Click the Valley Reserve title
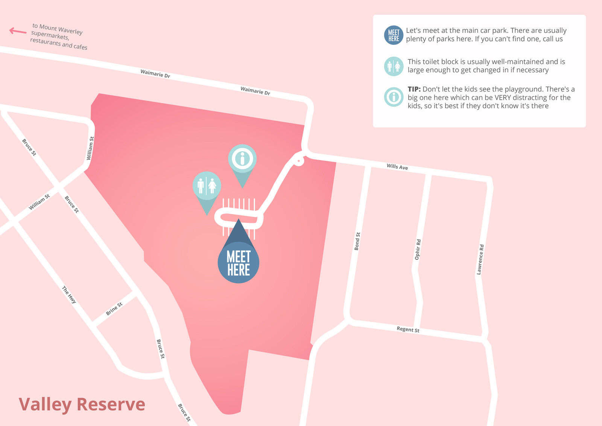coord(82,404)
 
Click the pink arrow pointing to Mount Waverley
coord(17,31)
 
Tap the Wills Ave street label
coord(397,166)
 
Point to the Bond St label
coord(357,241)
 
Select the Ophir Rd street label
coord(418,249)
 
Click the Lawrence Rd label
coord(480,259)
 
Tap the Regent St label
coord(408,329)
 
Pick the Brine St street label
coord(114,308)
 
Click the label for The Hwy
coord(69,295)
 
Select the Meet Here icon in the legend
coord(394,35)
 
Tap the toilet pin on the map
coord(207,186)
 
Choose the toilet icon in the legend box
coord(394,66)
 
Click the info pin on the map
coord(242,159)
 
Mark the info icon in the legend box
coord(394,97)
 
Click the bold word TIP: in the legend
coord(414,89)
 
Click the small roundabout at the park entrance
coord(298,161)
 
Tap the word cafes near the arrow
coord(80,47)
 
